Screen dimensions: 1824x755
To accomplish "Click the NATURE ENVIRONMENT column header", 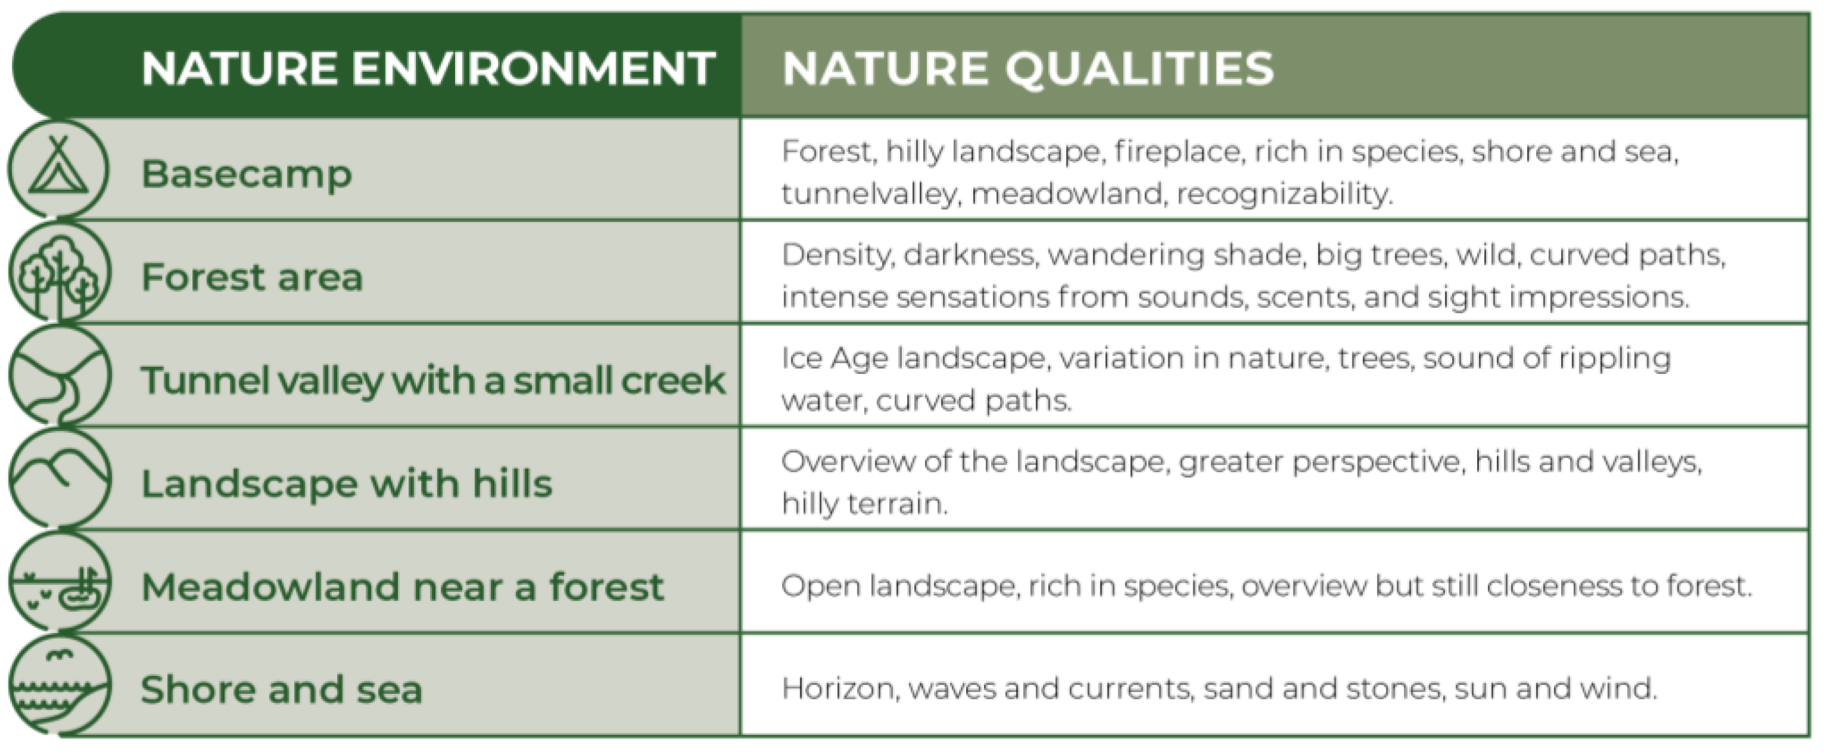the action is pyautogui.click(x=428, y=68).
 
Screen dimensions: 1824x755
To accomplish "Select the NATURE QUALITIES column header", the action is pyautogui.click(x=1027, y=68).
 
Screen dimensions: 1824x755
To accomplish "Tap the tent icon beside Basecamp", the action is pyautogui.click(x=59, y=169).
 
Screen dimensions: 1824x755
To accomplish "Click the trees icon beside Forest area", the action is pyautogui.click(x=59, y=272).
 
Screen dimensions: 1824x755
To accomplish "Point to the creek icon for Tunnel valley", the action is pyautogui.click(x=60, y=376).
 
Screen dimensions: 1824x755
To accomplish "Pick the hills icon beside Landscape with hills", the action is pyautogui.click(x=60, y=479).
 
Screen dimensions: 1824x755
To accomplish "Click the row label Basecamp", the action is pyautogui.click(x=246, y=175).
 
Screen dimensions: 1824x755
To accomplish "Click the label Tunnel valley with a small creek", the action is pyautogui.click(x=433, y=380).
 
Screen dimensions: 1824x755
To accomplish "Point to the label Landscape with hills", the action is pyautogui.click(x=346, y=484).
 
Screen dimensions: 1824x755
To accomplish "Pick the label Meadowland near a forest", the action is pyautogui.click(x=402, y=587).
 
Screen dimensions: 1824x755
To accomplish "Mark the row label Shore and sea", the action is pyautogui.click(x=282, y=690).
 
